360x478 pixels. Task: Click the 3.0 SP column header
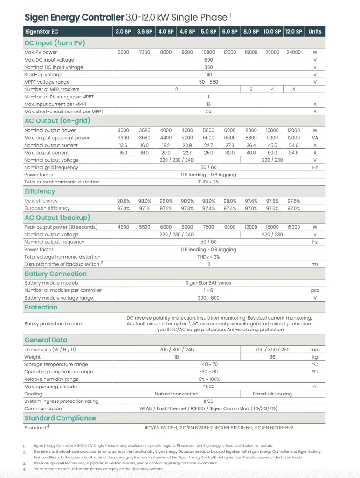123,32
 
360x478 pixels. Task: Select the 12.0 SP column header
293,32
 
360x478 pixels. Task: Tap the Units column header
315,32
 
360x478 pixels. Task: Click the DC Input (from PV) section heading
55,43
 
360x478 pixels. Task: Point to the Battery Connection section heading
55,274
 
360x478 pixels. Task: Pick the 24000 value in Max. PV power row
293,52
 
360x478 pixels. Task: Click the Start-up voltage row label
43,75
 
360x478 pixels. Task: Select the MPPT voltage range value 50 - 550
208,82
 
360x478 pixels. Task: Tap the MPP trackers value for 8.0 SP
251,89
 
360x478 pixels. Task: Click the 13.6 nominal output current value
123,146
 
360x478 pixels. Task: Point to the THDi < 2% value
208,182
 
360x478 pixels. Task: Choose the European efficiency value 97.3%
187,208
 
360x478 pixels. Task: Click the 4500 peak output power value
123,227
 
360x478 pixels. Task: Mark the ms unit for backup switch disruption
315,264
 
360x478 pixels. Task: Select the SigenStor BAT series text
208,283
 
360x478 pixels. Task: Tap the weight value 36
272,357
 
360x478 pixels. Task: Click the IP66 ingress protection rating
208,401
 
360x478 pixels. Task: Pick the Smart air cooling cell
272,394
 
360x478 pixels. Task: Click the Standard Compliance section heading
60,418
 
